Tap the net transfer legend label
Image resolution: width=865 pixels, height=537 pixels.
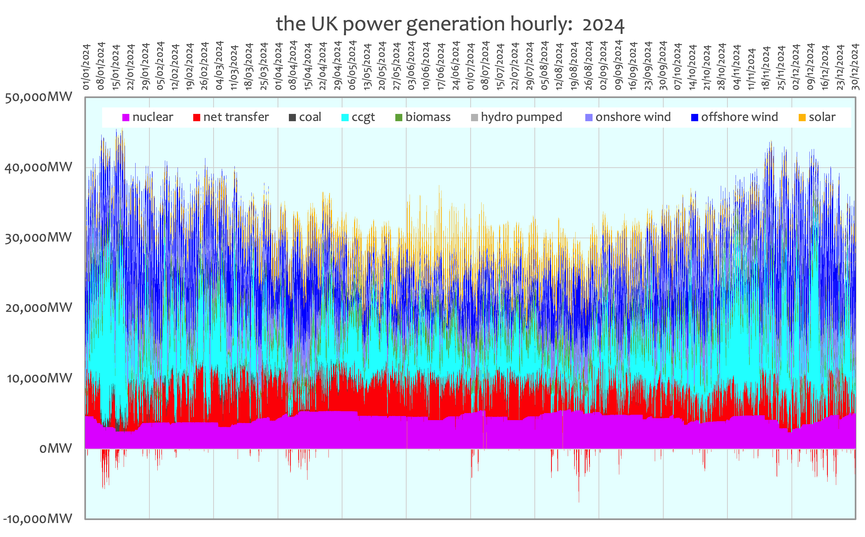(236, 117)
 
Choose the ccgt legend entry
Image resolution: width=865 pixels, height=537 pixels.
(358, 117)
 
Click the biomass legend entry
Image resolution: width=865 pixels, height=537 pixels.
(423, 117)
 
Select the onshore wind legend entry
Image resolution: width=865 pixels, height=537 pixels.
(628, 117)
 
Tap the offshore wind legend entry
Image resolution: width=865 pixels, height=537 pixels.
(734, 117)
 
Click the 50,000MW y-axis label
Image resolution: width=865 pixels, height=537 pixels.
(38, 97)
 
